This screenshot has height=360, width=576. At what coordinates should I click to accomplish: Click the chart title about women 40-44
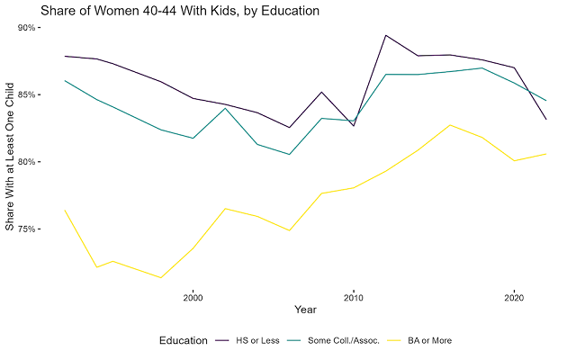coord(167,11)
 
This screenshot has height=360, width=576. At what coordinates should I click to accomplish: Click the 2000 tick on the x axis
coord(193,296)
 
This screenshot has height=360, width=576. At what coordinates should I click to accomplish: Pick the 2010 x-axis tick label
coord(353,296)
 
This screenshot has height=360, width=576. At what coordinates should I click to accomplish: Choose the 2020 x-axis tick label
coord(514,296)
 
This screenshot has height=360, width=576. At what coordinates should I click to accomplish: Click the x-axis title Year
coord(306,310)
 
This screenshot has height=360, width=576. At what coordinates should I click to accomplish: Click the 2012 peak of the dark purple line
coord(385,36)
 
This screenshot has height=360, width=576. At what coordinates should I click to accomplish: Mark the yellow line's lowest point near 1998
coord(160,277)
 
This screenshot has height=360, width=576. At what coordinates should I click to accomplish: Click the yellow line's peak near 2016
coord(450,125)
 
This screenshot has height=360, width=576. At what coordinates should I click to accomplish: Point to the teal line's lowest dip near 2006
coord(289,154)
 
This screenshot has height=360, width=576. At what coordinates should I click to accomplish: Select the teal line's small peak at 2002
coord(225,108)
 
